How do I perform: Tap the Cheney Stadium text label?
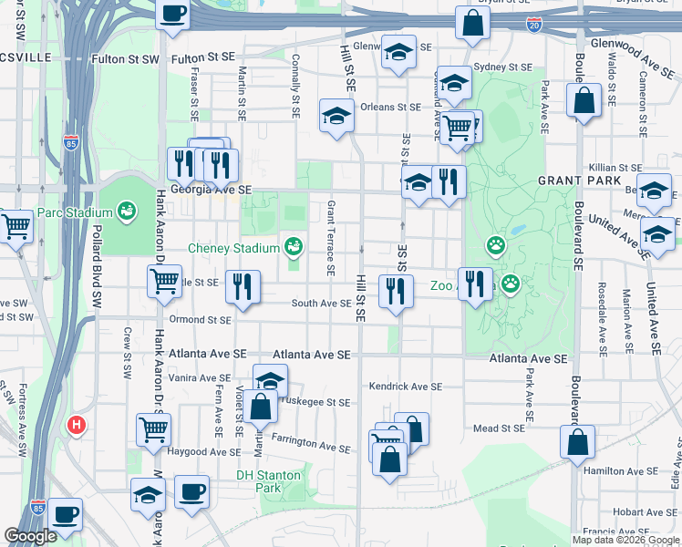233,248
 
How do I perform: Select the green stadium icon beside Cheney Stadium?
293,246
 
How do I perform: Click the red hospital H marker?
77,425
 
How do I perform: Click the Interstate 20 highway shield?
533,24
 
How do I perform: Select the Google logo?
31,536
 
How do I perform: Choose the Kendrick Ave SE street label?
406,387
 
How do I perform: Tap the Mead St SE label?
499,428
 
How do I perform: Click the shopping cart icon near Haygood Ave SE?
153,428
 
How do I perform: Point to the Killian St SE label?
615,168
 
